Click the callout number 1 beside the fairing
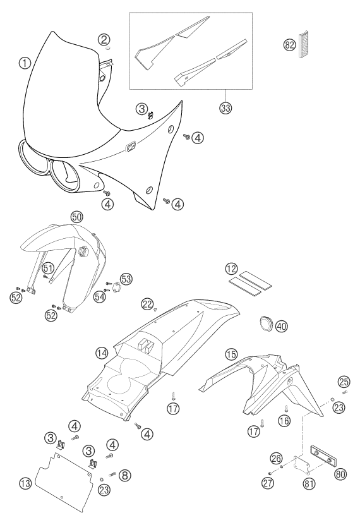point(25,63)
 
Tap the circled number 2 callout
point(104,40)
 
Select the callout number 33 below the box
point(226,108)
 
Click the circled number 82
point(289,45)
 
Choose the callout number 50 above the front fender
point(76,217)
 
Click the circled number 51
point(48,268)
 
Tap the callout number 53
point(127,279)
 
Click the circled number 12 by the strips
point(231,268)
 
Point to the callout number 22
point(147,303)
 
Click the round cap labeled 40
point(267,324)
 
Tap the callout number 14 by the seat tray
point(101,353)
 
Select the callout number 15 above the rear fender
point(231,354)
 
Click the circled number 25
point(344,381)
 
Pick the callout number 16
point(285,420)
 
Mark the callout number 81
point(308,483)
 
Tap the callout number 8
point(125,474)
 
